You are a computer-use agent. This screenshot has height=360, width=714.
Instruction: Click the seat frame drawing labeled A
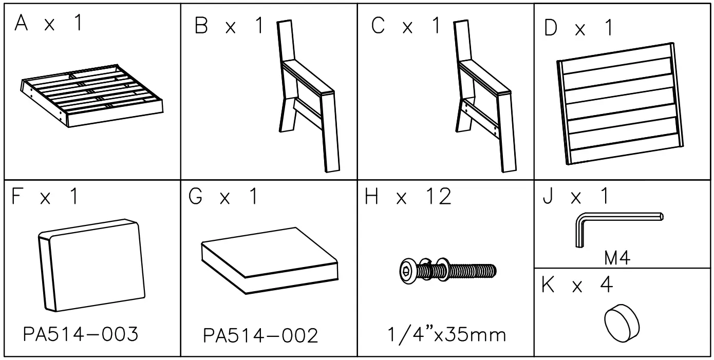pos(92,96)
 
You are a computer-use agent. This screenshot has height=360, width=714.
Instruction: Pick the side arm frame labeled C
pos(483,98)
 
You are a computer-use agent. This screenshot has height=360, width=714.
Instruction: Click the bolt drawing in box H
pos(447,270)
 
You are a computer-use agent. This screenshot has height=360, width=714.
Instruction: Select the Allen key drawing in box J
pos(616,226)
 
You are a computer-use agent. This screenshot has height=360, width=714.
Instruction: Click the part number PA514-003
pos(81,335)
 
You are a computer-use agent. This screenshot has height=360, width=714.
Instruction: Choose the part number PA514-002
pos(260,336)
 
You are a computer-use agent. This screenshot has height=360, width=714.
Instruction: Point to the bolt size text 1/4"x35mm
pos(445,335)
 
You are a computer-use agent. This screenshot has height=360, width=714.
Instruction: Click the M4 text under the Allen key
pos(617,258)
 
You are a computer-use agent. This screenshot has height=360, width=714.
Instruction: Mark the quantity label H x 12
pos(408,197)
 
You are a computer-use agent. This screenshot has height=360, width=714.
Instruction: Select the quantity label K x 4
pos(577,285)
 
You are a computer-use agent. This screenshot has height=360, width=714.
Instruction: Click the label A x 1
pos(48,24)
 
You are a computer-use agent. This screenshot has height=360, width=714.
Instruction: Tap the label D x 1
pos(578,29)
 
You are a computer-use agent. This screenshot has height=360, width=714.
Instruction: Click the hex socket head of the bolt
pos(407,270)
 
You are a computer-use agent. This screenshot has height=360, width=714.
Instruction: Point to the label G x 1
pos(223,197)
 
